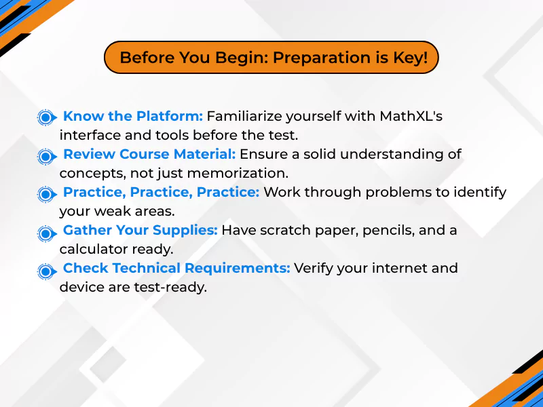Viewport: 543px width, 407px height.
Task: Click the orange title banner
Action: point(271,58)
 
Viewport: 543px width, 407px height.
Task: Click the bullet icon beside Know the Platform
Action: point(45,117)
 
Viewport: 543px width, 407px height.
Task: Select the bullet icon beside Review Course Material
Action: point(45,156)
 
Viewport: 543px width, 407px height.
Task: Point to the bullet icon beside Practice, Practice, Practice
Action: point(45,194)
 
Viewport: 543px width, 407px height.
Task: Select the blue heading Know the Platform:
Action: point(132,116)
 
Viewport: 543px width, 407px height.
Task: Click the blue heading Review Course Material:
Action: point(149,154)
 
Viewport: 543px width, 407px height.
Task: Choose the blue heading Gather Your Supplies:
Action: point(140,231)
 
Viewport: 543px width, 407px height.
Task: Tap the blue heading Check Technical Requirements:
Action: point(176,269)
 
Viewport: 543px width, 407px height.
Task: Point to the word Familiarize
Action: point(245,116)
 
